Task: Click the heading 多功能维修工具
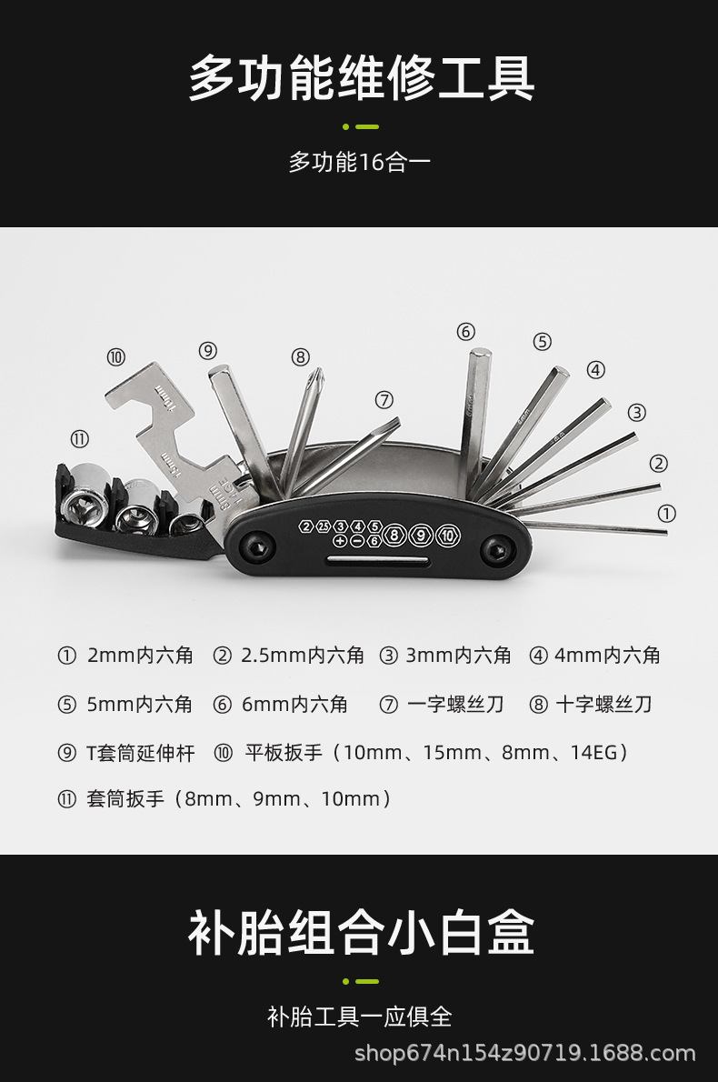tap(361, 79)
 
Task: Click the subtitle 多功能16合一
tap(359, 163)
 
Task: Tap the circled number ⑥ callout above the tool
tap(466, 331)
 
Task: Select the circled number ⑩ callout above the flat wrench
tap(116, 357)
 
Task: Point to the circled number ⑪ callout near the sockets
tap(80, 439)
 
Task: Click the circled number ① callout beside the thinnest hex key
tap(666, 514)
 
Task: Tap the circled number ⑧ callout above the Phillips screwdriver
tap(301, 357)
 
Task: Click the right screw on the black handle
tap(496, 548)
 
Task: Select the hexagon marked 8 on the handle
tap(394, 535)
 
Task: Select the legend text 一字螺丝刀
tap(455, 705)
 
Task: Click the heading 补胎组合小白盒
tap(361, 933)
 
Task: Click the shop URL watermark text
tap(524, 1055)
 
